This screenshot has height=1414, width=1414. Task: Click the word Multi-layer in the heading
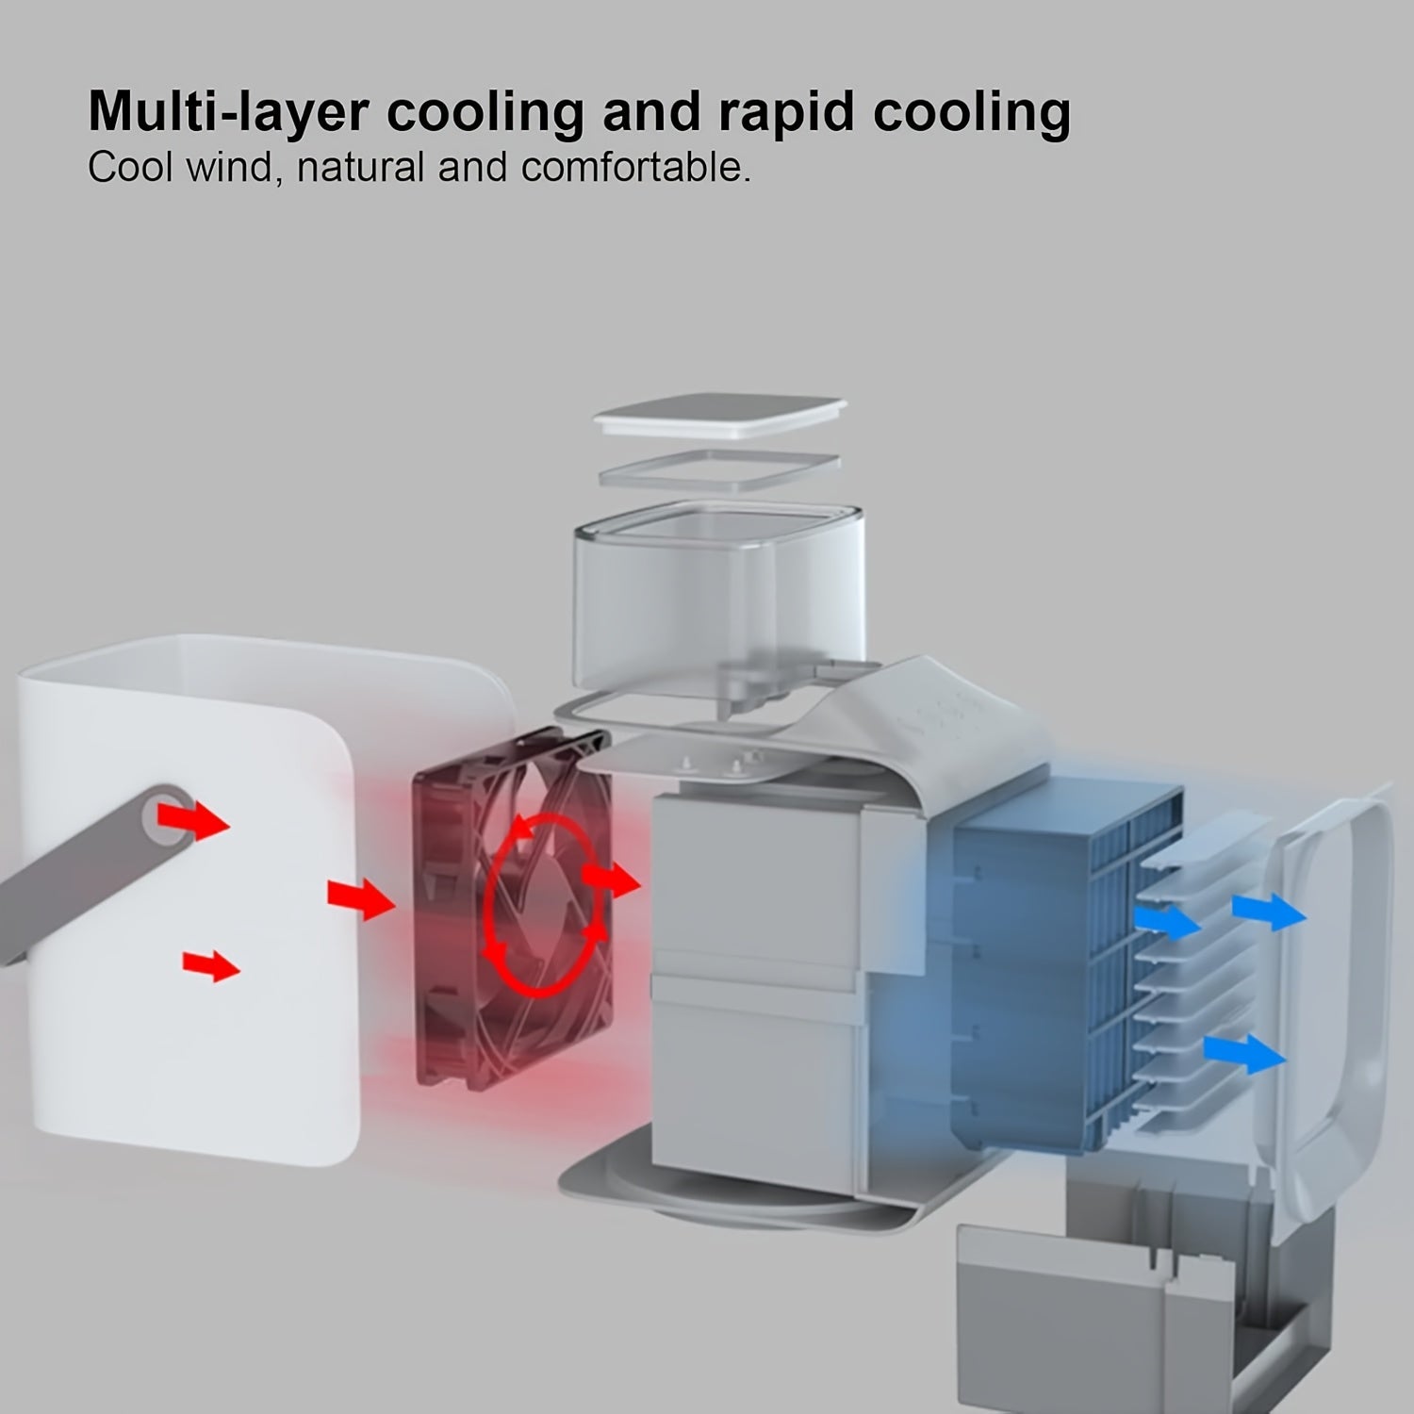228,112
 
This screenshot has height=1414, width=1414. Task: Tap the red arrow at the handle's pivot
193,818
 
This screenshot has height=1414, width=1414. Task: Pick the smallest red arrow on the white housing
211,965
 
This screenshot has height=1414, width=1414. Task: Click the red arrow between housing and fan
361,898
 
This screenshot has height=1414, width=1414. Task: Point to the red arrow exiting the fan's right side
611,880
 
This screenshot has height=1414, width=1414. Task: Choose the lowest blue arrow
1245,1053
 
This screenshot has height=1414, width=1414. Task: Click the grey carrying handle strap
90,872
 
